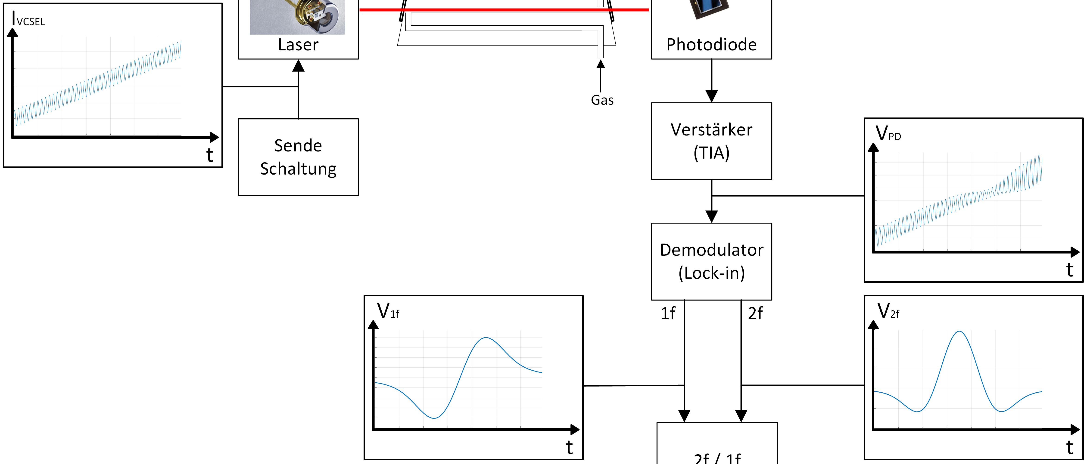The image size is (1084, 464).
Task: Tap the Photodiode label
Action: pos(711,45)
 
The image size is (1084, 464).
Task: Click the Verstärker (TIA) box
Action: pos(711,141)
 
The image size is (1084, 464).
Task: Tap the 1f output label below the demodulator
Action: pos(668,313)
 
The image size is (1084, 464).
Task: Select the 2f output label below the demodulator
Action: pos(755,313)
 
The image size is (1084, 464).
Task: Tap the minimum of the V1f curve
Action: pos(434,418)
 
